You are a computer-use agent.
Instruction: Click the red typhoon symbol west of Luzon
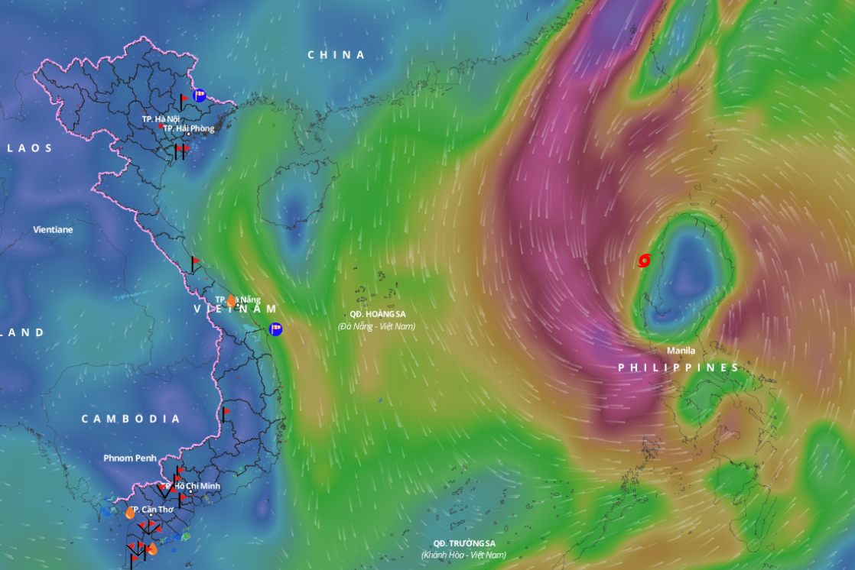pos(644,261)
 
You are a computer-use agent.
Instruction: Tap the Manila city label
pos(681,351)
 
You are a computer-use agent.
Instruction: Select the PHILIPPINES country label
pos(678,368)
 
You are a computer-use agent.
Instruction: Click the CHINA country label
pos(336,55)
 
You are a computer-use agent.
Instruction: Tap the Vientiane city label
pos(53,229)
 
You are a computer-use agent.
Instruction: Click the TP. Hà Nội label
pos(161,119)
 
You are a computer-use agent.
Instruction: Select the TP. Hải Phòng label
pos(188,128)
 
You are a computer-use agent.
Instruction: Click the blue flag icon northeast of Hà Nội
pos(200,96)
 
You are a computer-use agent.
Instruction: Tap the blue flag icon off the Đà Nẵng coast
pos(276,329)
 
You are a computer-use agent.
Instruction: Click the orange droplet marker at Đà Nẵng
pos(231,301)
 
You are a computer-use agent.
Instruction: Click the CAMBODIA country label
pos(131,419)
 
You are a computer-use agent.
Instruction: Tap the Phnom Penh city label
pos(130,458)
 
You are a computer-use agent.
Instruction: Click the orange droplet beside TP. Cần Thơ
pos(130,513)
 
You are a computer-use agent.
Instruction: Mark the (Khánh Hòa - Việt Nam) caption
pos(463,555)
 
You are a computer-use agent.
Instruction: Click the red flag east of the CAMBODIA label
pos(225,413)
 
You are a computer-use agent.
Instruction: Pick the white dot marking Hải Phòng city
pos(189,135)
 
